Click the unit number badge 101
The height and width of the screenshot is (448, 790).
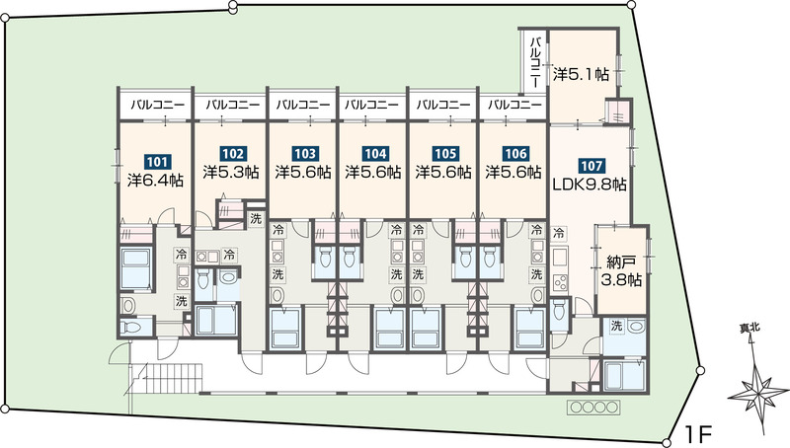coord(157,162)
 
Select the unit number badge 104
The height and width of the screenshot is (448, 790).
coord(375,153)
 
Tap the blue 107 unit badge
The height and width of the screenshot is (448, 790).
coord(592,166)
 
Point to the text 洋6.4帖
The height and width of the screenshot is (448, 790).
coord(155,181)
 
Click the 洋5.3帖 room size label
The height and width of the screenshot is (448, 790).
coord(231,172)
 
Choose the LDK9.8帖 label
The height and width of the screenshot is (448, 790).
coord(590,186)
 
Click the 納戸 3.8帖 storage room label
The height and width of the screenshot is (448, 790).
coord(621,271)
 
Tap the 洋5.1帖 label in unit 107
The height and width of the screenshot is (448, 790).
coord(581,74)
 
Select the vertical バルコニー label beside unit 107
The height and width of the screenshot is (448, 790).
coord(536,61)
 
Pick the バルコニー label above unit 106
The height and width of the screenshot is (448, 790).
coord(514,106)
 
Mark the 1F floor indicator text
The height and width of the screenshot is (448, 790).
coord(698,433)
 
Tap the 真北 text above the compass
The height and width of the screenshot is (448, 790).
coord(750,329)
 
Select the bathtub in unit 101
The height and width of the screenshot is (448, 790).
coord(136,267)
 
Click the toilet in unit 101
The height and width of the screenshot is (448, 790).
coord(133,328)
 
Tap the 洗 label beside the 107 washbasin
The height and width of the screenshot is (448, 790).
coord(615,326)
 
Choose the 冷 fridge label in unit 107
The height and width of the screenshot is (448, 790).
coord(559,233)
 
